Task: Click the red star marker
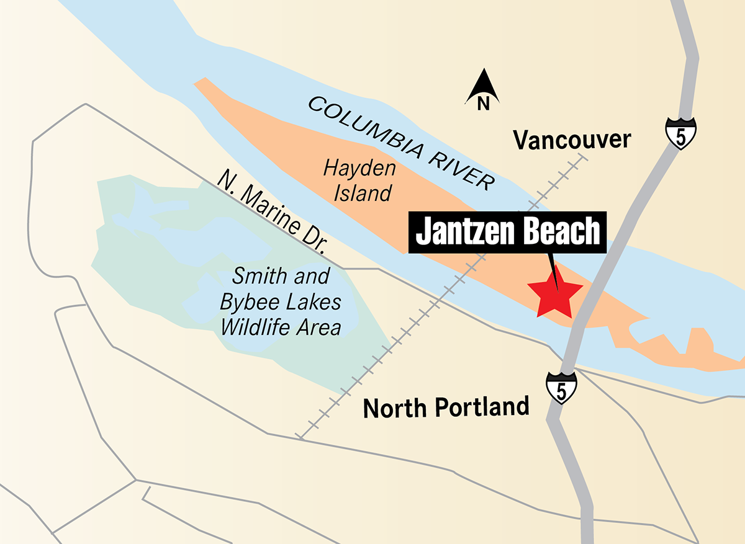(x=554, y=293)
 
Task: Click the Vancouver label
(x=572, y=140)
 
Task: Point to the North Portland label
(x=446, y=408)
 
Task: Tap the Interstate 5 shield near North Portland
(x=562, y=388)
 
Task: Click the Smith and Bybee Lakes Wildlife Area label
(x=281, y=301)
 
